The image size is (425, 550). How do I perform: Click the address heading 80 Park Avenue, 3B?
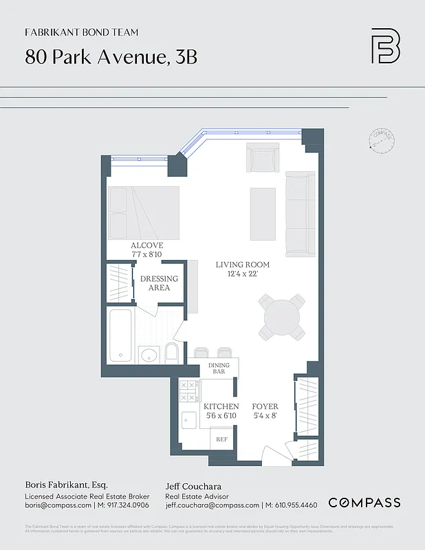(111, 56)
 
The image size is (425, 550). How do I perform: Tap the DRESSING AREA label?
(159, 283)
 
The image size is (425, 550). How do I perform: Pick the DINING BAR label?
(219, 369)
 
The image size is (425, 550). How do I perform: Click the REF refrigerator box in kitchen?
(222, 439)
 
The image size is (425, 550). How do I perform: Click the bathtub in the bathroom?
(122, 335)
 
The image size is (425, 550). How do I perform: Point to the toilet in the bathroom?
(171, 354)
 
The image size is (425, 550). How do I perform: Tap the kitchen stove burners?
(188, 391)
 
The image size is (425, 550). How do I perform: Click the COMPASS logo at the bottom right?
(364, 503)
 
